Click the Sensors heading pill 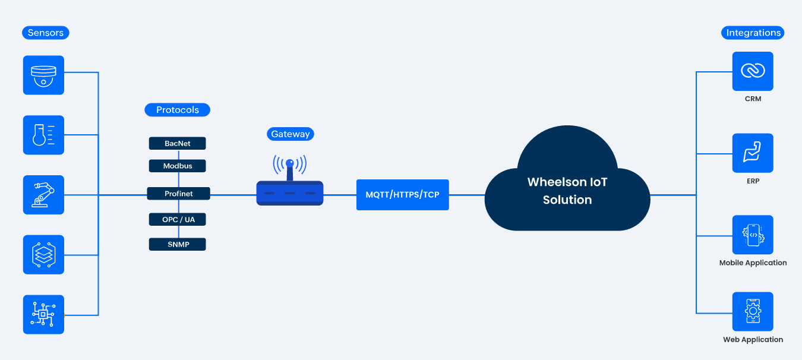click(45, 33)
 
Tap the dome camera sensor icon click(43, 75)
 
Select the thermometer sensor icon click(43, 135)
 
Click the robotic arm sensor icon click(43, 195)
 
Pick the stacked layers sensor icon click(43, 255)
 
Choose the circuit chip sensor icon click(43, 314)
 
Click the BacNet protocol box click(177, 143)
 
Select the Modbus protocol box click(177, 166)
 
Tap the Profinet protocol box click(178, 194)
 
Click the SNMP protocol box click(177, 244)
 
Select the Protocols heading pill click(177, 110)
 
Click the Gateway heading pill click(290, 134)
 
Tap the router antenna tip click(290, 162)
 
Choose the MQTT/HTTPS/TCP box click(402, 195)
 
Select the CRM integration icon click(753, 71)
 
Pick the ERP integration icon click(753, 153)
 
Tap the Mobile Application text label click(753, 263)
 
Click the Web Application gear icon click(753, 311)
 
